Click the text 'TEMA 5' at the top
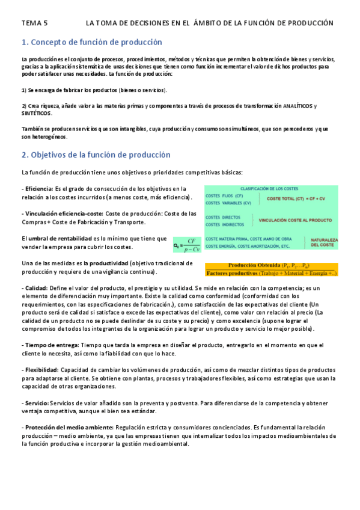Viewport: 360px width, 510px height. click(x=34, y=23)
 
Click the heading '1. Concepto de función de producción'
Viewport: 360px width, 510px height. click(x=91, y=42)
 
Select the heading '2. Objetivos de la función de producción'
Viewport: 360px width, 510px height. click(x=96, y=155)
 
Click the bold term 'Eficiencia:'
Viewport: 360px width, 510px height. click(x=38, y=189)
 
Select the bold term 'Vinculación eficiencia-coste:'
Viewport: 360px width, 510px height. click(x=63, y=214)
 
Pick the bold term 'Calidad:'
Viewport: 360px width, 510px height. click(x=34, y=289)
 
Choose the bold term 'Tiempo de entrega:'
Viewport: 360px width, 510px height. click(x=50, y=345)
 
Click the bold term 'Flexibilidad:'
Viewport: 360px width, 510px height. click(x=42, y=369)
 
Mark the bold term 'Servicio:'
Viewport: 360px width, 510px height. click(x=37, y=402)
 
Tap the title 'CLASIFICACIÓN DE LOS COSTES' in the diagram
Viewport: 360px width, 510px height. click(x=271, y=189)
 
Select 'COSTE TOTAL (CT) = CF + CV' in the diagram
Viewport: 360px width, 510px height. click(x=295, y=199)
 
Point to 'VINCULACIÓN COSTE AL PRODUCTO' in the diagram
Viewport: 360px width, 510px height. click(x=295, y=220)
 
